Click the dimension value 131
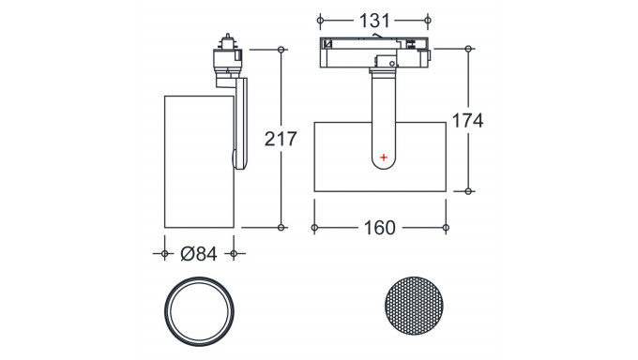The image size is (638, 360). point(374,21)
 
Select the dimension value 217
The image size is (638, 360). point(281,139)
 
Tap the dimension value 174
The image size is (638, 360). point(468,120)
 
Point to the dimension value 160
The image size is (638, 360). point(379,228)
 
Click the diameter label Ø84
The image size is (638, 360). point(199,254)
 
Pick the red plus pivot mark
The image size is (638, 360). point(384,157)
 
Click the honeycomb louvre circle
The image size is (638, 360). point(414,306)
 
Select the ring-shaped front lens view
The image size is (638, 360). point(199,277)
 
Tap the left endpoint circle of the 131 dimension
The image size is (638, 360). point(320,20)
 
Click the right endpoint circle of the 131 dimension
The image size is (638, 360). point(428,20)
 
